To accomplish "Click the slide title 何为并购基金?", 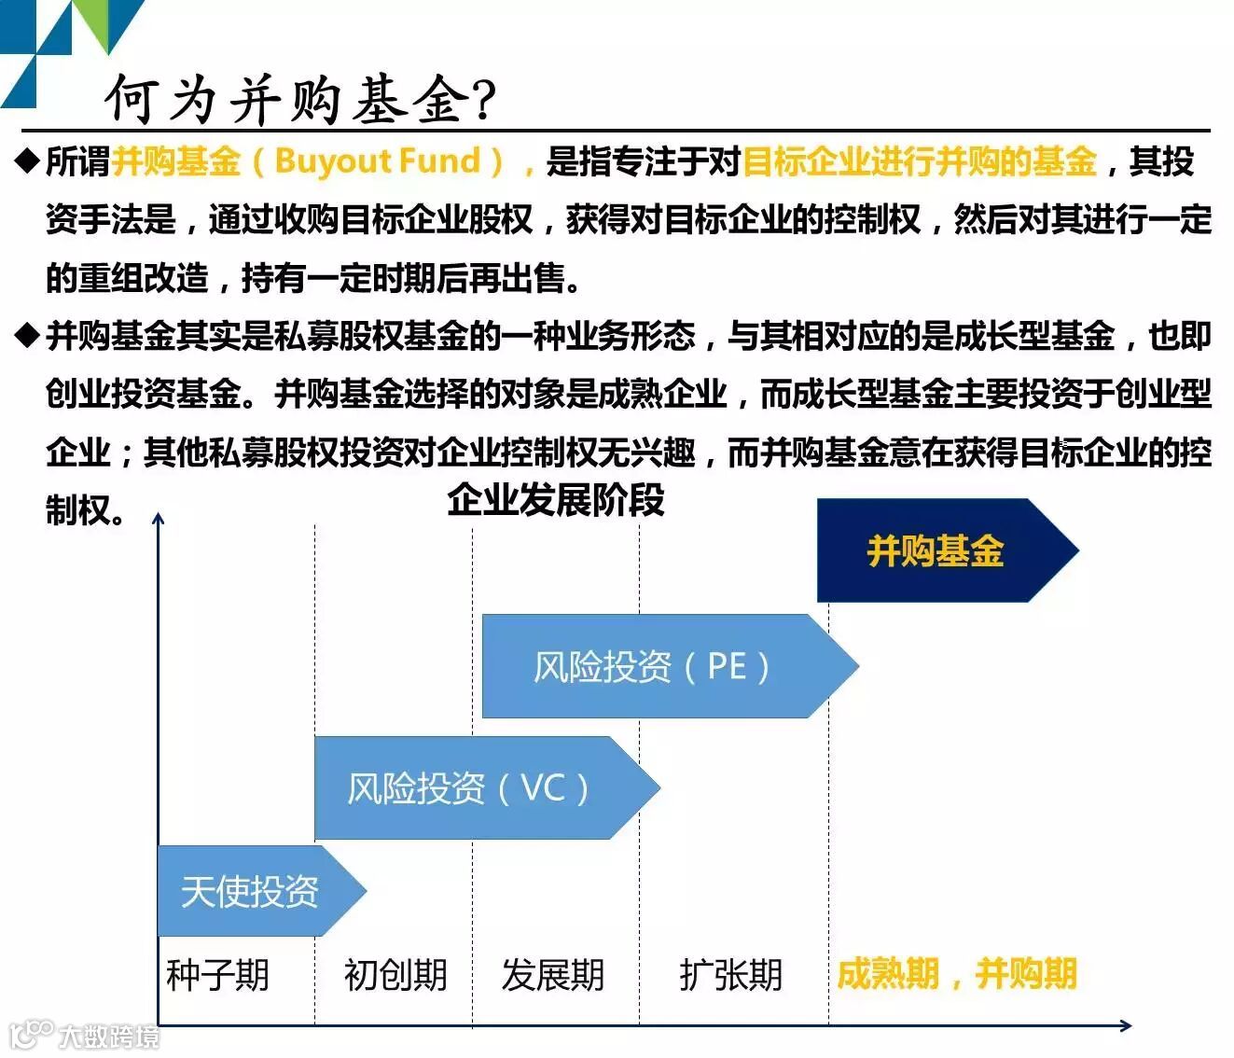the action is point(300,99).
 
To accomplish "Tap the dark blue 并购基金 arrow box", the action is point(936,550).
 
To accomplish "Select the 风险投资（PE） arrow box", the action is point(653,666).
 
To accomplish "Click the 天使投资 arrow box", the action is point(250,891).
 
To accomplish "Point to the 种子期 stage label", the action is point(218,976).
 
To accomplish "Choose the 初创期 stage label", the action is point(395,976).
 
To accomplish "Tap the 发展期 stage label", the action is point(553,976).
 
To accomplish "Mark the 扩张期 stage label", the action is point(730,976).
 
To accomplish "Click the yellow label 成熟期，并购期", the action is point(956,974).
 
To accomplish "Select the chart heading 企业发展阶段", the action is point(555,500).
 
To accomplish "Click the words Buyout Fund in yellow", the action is point(377,160).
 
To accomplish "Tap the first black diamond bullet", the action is point(28,160).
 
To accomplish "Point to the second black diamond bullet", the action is point(28,333).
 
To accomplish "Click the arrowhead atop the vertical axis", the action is point(159,519).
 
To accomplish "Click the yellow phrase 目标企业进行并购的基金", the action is point(919,161).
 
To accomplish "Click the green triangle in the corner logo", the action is point(111,21).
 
